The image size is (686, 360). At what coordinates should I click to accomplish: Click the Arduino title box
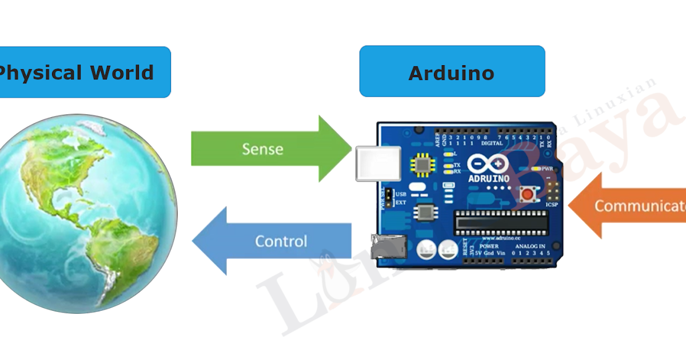click(x=452, y=72)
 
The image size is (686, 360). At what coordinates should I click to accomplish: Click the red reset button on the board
click(x=527, y=195)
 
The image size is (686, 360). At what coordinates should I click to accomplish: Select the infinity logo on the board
click(x=488, y=165)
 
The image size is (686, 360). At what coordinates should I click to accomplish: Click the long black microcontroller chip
click(x=501, y=222)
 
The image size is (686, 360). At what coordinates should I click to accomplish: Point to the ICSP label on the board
click(x=552, y=204)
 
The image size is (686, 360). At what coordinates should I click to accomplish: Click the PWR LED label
click(x=547, y=169)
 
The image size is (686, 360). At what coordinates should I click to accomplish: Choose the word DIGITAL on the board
click(x=492, y=144)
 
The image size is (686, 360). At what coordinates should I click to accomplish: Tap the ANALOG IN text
click(x=530, y=246)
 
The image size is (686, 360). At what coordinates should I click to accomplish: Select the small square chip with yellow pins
click(x=422, y=165)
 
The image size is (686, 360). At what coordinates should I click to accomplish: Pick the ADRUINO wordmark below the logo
click(x=488, y=178)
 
